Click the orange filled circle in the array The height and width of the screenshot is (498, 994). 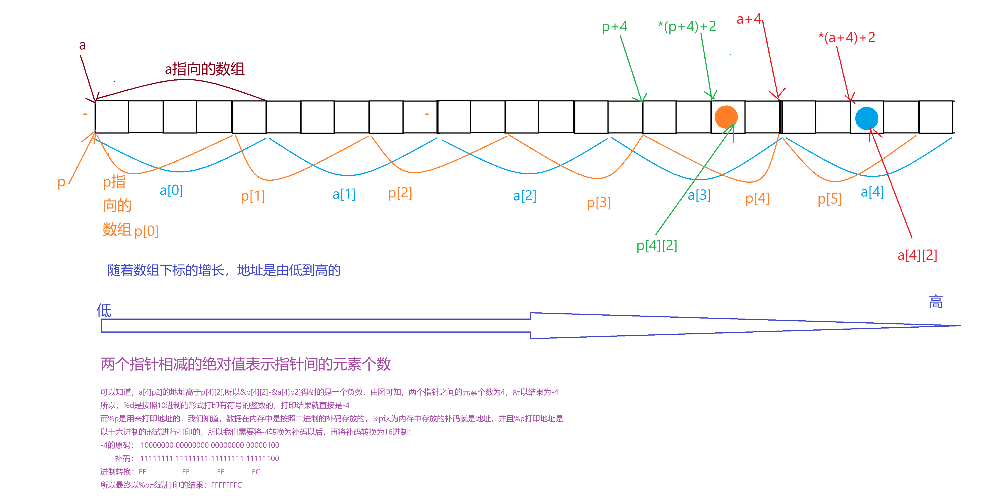click(x=726, y=117)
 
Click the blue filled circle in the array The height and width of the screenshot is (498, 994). click(x=866, y=118)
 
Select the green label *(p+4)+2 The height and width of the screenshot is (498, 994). click(x=687, y=26)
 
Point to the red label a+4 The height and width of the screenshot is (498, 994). click(x=749, y=19)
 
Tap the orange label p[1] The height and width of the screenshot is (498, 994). click(x=253, y=196)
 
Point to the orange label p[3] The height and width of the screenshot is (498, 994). click(x=599, y=203)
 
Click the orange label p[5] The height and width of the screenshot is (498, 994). click(x=829, y=199)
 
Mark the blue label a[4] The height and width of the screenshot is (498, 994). click(x=872, y=192)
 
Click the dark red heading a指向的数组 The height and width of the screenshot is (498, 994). click(x=205, y=69)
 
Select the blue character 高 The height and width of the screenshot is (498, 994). click(x=936, y=302)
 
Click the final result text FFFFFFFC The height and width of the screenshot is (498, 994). click(x=227, y=485)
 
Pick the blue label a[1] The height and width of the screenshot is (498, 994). click(x=344, y=194)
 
